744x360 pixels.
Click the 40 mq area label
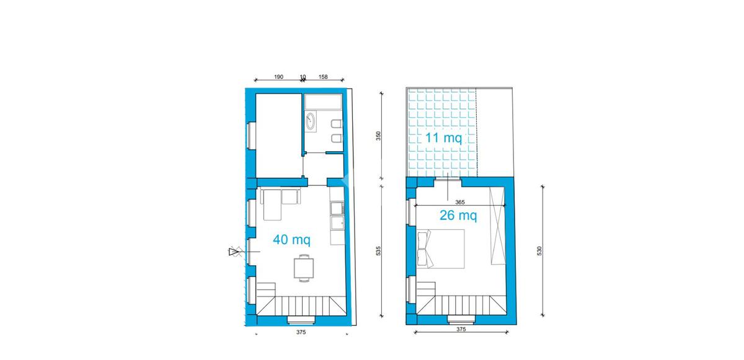point(291,240)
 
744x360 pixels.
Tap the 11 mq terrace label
point(443,138)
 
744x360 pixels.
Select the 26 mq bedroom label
point(458,216)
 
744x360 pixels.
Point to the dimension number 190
point(278,77)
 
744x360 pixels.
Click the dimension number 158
point(323,77)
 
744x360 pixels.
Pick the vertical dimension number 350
point(378,136)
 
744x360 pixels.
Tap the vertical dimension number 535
point(378,250)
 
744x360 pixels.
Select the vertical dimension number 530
point(539,250)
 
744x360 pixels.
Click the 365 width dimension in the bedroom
point(459,202)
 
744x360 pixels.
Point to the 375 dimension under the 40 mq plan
point(301,332)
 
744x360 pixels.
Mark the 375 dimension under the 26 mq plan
point(461,329)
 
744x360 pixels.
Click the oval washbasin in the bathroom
point(311,121)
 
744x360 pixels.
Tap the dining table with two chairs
point(304,268)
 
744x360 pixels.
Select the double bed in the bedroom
point(441,249)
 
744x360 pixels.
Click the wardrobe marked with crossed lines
point(497,226)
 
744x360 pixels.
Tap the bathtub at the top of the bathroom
point(323,102)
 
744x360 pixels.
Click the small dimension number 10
point(303,77)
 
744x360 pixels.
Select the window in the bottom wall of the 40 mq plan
point(301,320)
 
